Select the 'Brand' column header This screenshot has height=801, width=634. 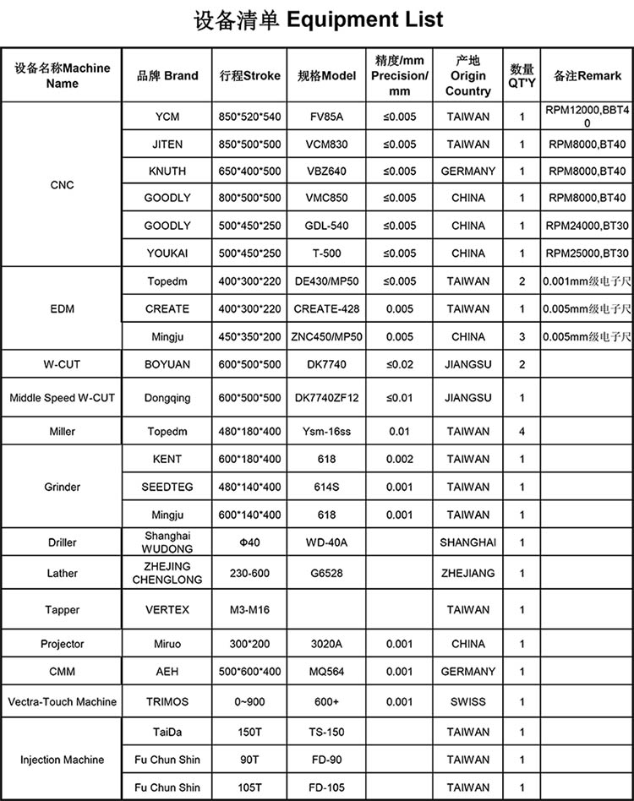pos(167,75)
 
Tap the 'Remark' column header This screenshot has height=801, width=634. pos(588,75)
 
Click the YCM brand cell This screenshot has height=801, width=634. pos(167,117)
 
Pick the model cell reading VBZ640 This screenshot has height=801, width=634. pos(326,171)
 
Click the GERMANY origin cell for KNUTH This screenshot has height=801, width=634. pos(467,171)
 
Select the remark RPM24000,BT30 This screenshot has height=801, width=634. pos(587,226)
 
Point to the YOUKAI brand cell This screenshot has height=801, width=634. pos(167,253)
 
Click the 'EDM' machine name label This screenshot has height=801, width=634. pos(62,308)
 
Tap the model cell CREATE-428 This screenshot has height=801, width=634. pos(326,308)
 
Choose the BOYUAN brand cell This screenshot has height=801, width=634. pos(167,364)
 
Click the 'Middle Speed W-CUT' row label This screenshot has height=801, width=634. pos(62,397)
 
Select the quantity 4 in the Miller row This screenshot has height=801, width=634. pos(522,431)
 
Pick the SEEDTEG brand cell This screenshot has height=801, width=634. pos(167,487)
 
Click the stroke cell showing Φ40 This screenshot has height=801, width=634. pos(249,542)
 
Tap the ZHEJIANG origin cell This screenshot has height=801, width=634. pos(467,573)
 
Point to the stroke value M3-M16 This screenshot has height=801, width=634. pos(249,609)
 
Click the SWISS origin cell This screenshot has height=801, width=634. pos(467,701)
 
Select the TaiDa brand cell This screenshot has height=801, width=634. pos(167,732)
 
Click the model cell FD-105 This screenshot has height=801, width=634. pos(326,787)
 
